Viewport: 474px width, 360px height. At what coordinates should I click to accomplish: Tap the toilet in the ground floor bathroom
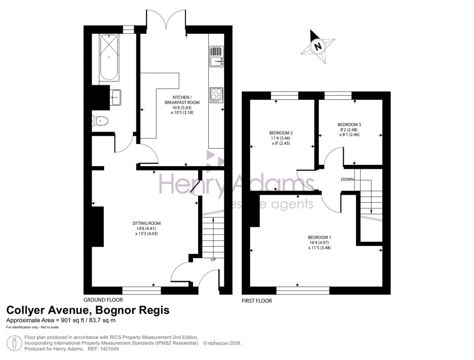pos(100,121)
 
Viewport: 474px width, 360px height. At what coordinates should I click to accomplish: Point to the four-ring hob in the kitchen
pos(216,94)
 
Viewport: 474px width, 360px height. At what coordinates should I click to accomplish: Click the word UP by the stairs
pos(213,260)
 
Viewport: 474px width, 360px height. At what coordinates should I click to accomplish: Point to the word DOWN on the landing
pos(348,179)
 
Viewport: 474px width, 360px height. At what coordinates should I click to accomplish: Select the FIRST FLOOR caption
pos(257,301)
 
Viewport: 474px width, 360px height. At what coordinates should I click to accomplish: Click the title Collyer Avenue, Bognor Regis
pos(87,310)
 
